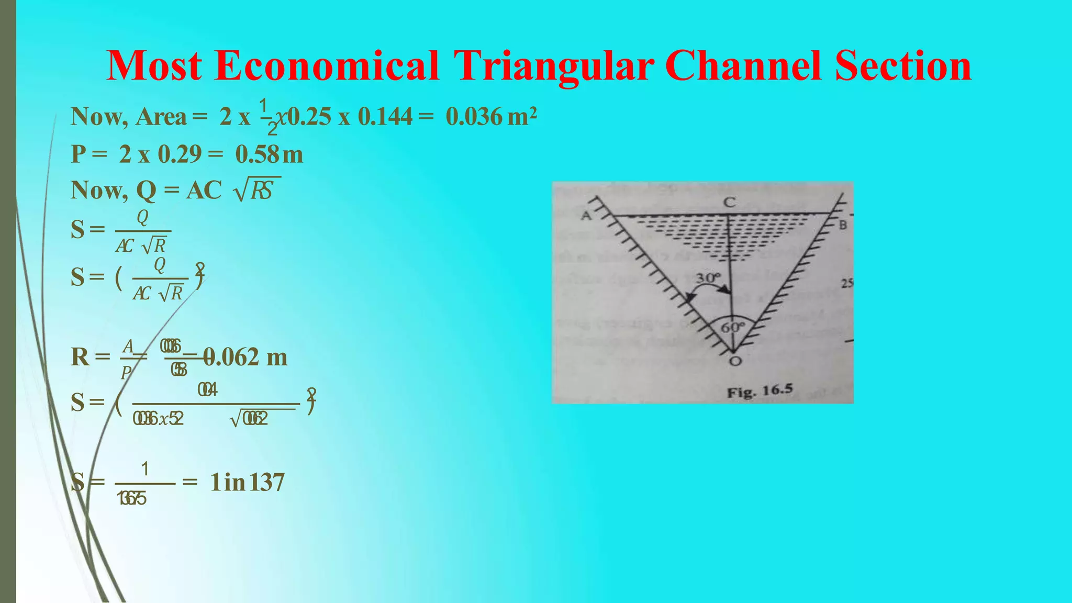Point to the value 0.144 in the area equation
click(385, 116)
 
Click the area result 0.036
click(474, 116)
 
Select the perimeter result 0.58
click(257, 154)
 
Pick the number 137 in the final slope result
click(267, 482)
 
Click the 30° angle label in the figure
click(708, 277)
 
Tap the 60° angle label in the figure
click(732, 328)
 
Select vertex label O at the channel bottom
click(735, 361)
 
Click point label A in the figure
click(586, 216)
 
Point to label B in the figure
click(843, 226)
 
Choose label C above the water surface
click(729, 202)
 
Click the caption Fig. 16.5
click(760, 390)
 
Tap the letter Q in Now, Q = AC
click(146, 191)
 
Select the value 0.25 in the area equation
click(309, 116)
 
